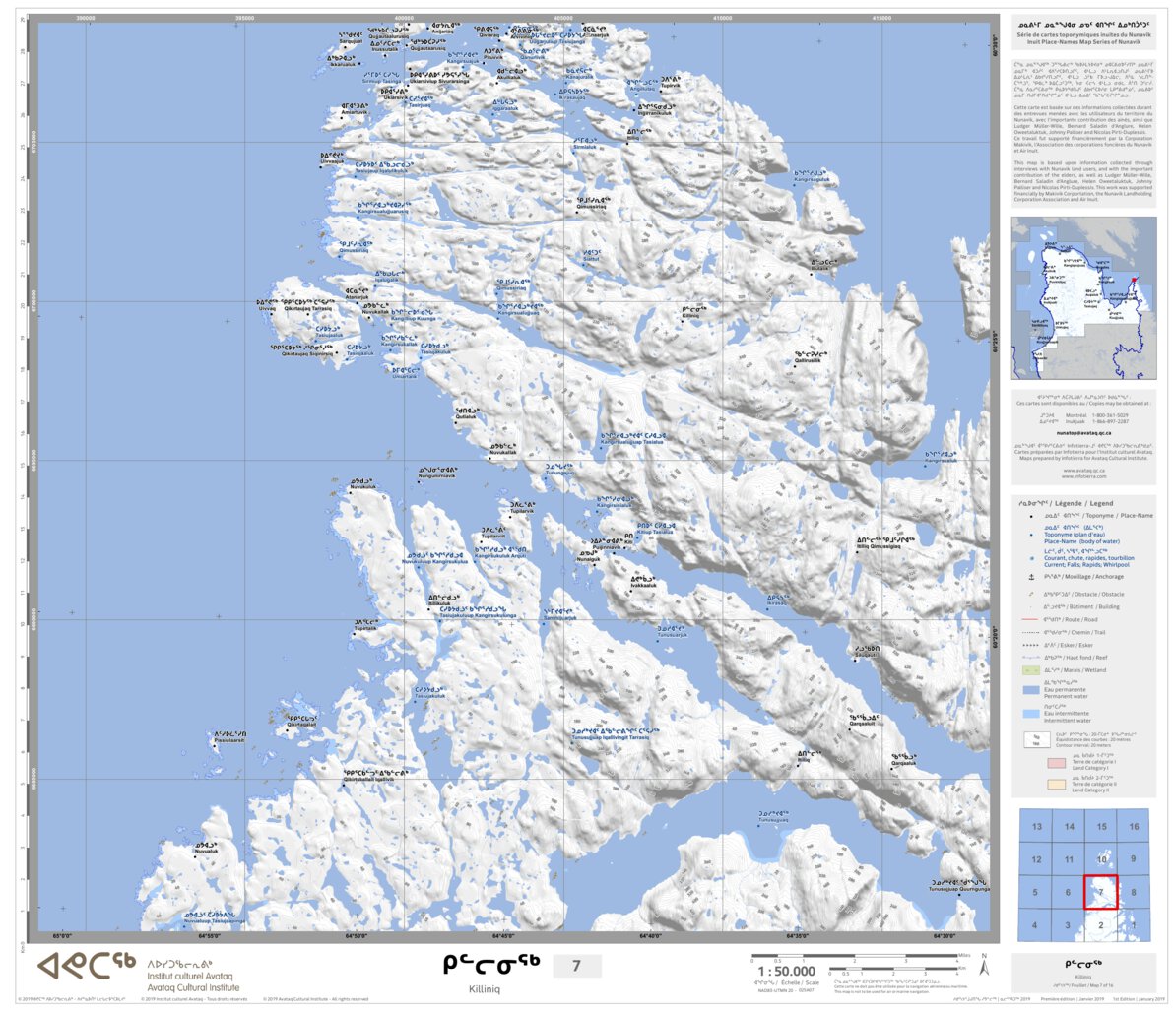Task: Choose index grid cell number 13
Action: click(1036, 827)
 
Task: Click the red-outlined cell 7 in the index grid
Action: click(1100, 892)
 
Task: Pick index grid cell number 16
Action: click(1134, 827)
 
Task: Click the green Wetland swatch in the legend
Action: click(1031, 670)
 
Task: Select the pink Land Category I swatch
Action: click(1031, 763)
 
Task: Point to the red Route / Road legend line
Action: click(1031, 620)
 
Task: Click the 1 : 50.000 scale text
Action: click(786, 971)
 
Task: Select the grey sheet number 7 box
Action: click(577, 966)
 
